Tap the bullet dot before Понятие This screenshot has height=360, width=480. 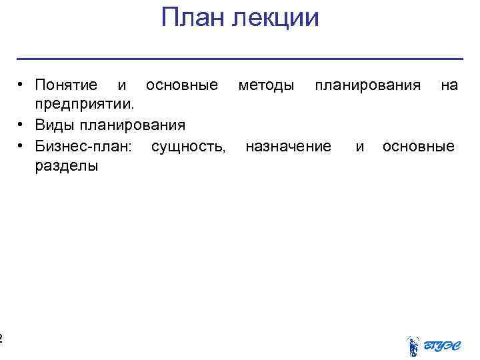(22, 85)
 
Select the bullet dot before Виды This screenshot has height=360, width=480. (22, 125)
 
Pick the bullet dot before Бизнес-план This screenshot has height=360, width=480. (22, 145)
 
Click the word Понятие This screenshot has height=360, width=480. (66, 85)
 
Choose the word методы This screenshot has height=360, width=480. (267, 85)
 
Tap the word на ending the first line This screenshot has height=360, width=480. (449, 85)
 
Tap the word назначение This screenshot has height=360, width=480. (288, 146)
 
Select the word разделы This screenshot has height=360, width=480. (66, 166)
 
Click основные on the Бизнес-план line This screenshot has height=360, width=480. (419, 146)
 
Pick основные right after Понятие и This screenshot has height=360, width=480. (181, 85)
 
